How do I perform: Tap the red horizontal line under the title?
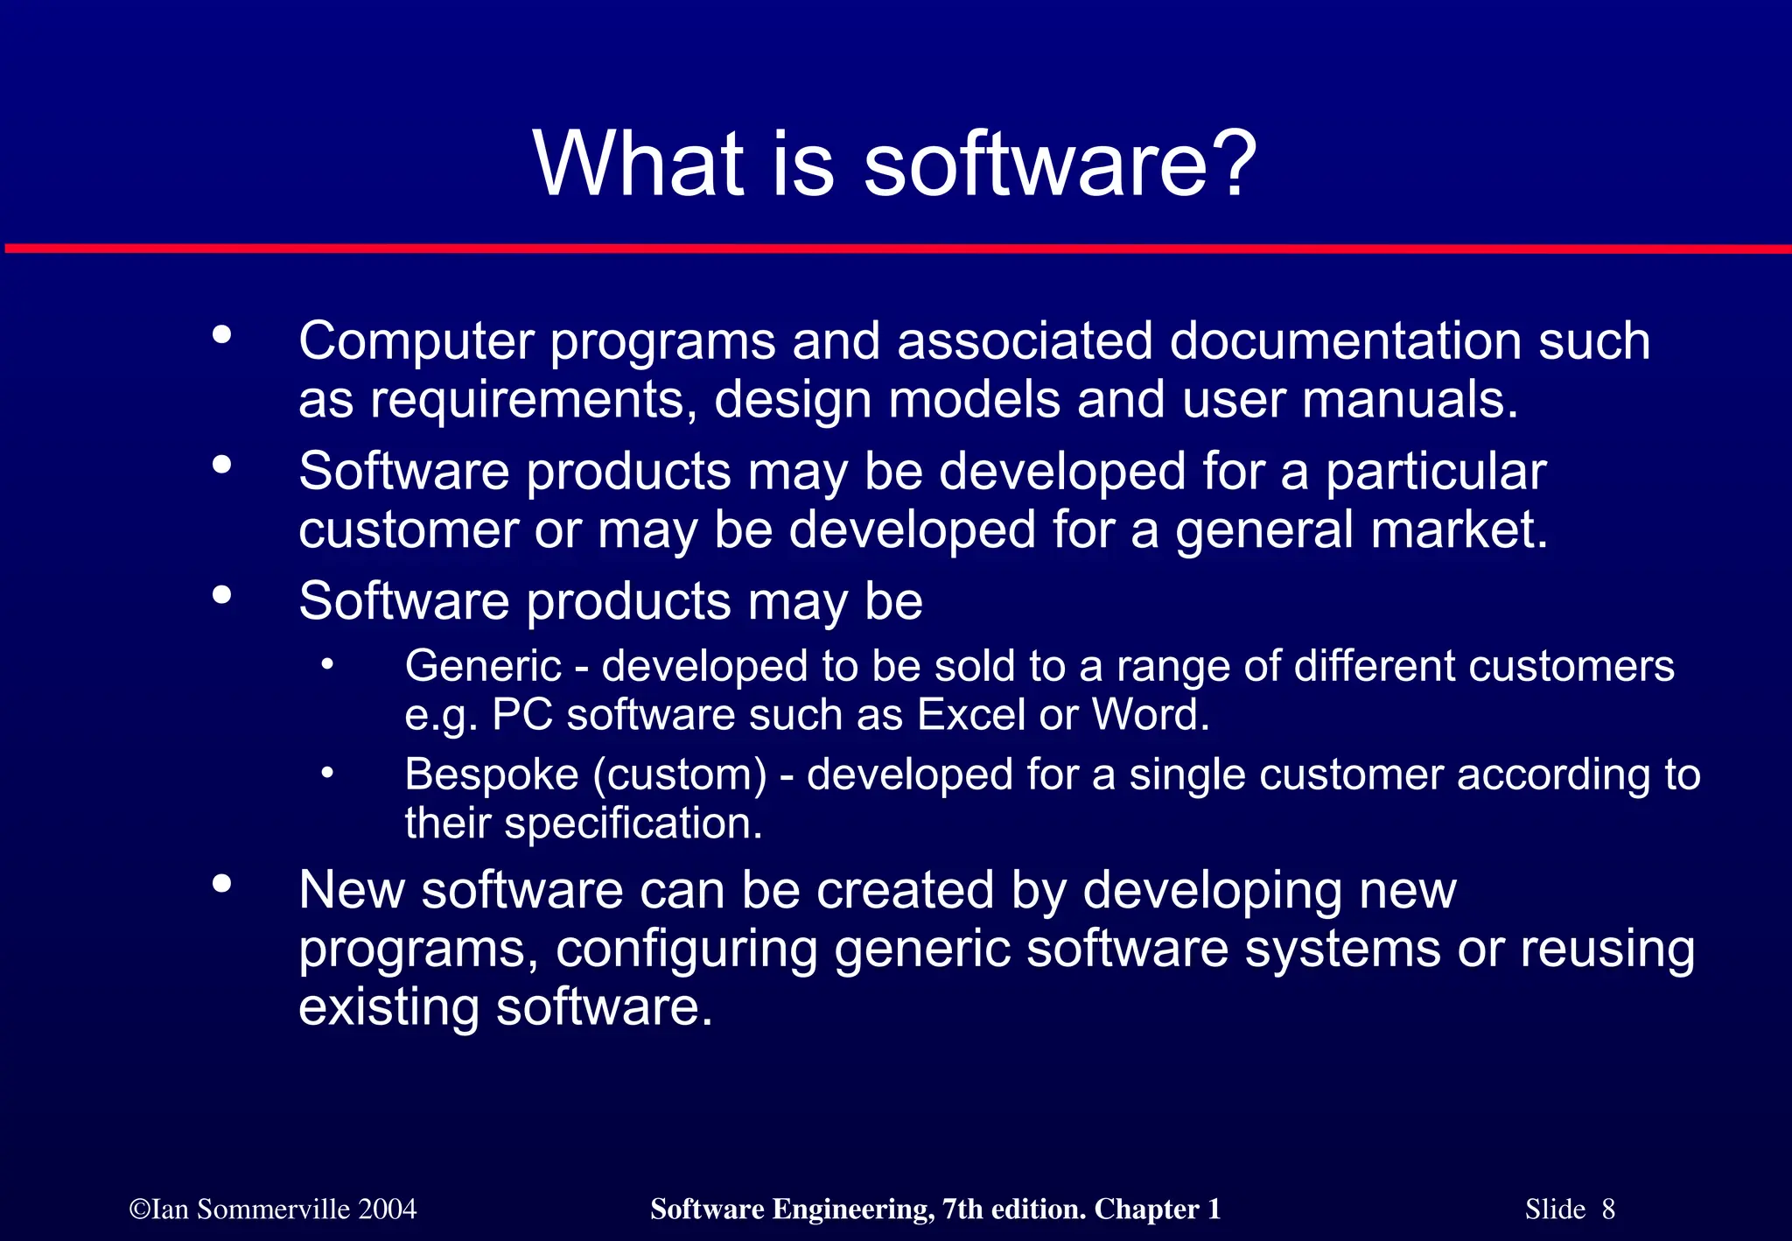[896, 249]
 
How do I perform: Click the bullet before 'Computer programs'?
[221, 334]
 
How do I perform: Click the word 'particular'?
[1435, 473]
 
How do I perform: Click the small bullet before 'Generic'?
[326, 664]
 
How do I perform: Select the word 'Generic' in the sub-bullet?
[483, 667]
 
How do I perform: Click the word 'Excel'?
[970, 715]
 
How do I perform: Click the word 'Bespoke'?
[492, 775]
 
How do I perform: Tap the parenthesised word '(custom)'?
[680, 775]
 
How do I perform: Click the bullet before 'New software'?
[221, 884]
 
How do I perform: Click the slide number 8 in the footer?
[1608, 1209]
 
